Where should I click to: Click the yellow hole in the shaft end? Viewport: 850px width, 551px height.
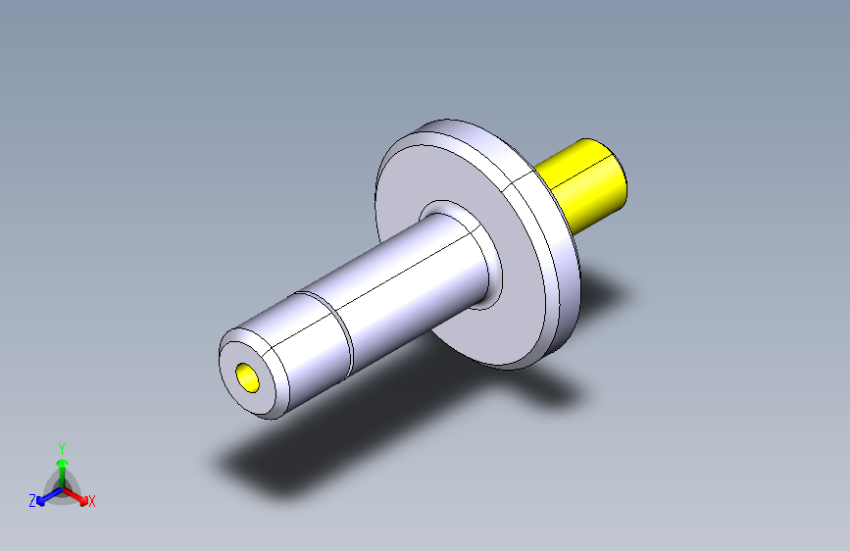(x=248, y=376)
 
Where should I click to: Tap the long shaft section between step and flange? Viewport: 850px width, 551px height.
(x=402, y=294)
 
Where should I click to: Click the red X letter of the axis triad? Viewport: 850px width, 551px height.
(x=92, y=502)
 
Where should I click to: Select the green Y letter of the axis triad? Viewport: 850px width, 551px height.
(x=61, y=447)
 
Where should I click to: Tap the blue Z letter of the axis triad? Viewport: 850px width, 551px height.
(x=32, y=501)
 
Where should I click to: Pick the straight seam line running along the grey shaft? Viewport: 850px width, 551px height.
(x=392, y=283)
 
